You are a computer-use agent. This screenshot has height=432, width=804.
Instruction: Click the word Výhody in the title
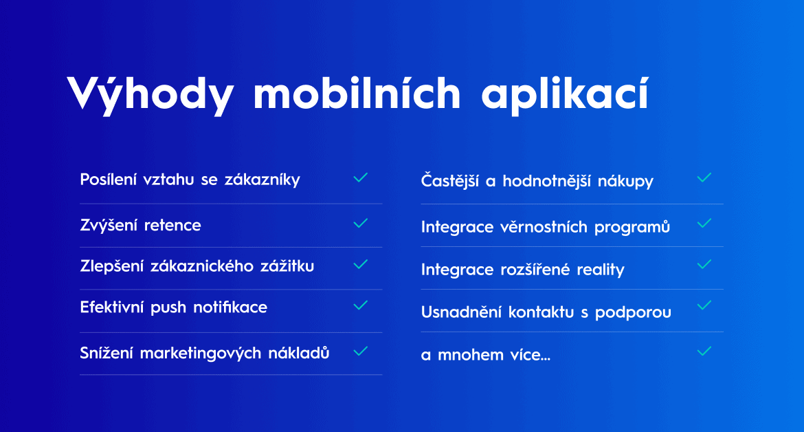150,94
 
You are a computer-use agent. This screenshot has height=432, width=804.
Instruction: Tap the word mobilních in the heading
357,93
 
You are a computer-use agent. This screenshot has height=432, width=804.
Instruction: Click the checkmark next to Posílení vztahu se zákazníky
361,177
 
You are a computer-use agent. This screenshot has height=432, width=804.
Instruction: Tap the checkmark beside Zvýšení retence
361,223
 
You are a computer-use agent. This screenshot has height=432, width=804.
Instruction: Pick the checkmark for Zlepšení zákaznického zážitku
361,264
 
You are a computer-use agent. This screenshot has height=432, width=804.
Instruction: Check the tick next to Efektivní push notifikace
361,305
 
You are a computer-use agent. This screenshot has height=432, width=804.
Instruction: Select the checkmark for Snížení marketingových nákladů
361,351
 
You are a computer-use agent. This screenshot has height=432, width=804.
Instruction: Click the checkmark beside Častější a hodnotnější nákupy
704,177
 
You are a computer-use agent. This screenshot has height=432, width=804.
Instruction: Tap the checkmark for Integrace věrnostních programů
704,223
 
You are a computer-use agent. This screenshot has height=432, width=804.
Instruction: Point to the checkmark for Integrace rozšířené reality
704,264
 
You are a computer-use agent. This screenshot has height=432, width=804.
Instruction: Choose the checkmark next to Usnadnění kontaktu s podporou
704,305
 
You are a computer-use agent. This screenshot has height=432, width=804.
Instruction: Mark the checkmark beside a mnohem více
704,351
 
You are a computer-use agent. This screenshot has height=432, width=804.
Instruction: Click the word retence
172,225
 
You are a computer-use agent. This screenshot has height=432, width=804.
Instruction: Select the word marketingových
201,354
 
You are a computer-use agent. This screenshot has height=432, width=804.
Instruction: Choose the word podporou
634,312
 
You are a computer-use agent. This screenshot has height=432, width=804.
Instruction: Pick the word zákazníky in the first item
263,180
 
